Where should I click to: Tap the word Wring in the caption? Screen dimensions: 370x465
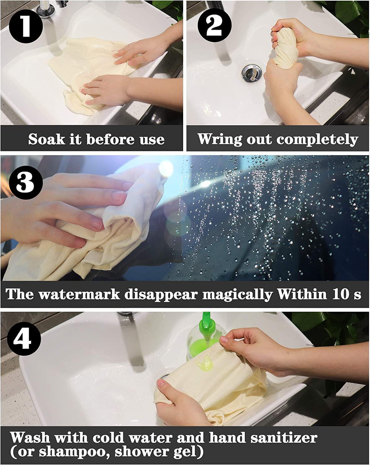(220, 139)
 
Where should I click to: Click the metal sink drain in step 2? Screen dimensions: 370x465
(252, 74)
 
